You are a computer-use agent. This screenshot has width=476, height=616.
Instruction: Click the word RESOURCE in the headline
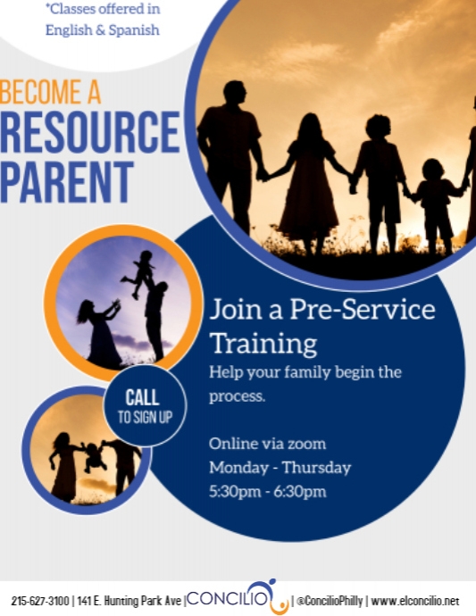point(89,132)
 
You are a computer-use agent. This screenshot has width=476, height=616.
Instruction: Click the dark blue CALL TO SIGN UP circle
point(144,405)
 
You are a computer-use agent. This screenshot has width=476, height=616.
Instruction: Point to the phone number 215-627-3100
point(39,598)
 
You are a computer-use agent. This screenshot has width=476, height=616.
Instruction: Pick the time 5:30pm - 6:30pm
point(267,492)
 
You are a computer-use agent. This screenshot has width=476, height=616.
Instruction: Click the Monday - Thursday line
point(280,468)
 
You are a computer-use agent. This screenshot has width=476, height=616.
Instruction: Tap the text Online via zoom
point(267,444)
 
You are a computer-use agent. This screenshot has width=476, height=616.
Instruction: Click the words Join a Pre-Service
point(322,311)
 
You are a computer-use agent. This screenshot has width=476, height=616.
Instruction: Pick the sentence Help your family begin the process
point(305,383)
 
